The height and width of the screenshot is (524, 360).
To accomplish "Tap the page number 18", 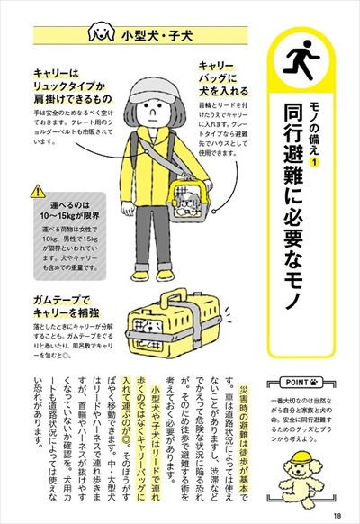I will coord(335,514).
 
